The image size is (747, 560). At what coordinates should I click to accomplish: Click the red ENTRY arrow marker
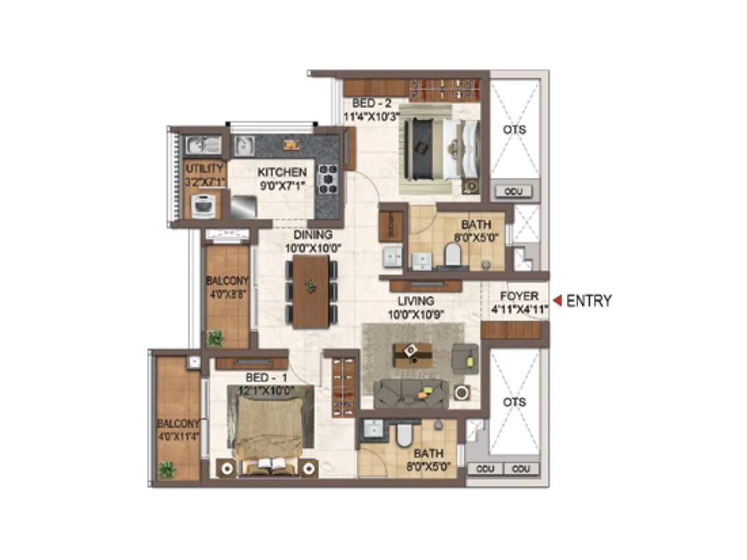558,301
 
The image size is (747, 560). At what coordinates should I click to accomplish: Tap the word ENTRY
589,301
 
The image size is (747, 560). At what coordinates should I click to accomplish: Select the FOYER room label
520,297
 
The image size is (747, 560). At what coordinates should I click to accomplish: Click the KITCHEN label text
282,172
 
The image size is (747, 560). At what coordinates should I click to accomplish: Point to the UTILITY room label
204,168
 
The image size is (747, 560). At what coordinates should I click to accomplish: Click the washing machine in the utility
203,205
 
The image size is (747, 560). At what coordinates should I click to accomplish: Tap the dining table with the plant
311,290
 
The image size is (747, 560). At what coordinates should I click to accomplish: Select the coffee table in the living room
412,354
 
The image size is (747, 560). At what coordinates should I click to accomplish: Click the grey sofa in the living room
412,392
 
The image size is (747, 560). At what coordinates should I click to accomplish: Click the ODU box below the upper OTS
513,192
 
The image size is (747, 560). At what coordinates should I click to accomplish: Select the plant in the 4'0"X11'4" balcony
166,468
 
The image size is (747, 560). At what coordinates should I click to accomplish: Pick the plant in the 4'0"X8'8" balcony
215,337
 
